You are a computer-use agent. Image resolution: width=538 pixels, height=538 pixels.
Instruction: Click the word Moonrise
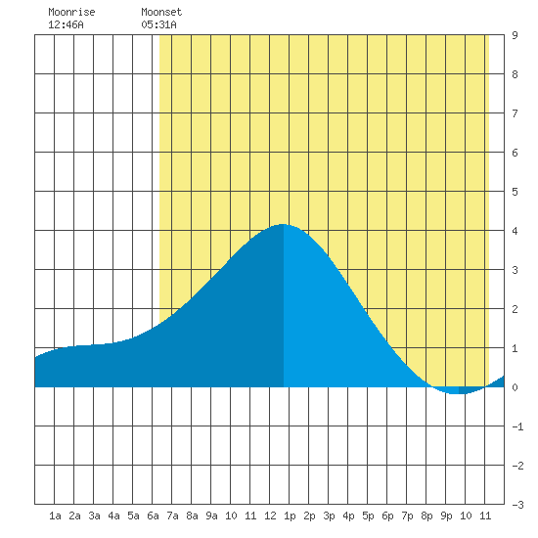[71, 12]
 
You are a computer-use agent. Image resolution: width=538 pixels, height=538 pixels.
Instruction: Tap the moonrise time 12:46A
[66, 24]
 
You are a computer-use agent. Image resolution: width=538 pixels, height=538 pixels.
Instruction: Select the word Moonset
[161, 12]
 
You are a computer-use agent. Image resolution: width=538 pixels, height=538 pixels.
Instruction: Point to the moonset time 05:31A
[158, 24]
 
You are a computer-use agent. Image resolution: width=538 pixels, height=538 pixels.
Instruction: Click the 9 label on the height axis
[515, 35]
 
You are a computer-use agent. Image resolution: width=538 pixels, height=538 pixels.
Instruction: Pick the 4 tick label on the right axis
[515, 231]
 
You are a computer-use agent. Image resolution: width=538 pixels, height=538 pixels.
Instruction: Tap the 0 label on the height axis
[515, 387]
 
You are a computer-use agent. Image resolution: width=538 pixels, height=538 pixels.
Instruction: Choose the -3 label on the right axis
[517, 505]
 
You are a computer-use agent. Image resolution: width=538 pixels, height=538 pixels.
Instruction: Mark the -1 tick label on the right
[517, 426]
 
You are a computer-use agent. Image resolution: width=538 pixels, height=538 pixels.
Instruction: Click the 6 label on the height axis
[515, 153]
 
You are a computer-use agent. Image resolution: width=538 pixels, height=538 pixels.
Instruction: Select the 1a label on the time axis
[55, 516]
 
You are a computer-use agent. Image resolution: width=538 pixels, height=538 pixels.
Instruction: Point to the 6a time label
[153, 516]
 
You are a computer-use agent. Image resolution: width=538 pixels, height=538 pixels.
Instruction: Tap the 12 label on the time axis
[270, 516]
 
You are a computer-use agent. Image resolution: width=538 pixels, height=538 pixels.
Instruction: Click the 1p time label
[290, 516]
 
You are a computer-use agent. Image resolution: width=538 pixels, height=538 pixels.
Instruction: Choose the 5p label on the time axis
[368, 516]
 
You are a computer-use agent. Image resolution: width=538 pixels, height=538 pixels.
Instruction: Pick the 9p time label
[446, 516]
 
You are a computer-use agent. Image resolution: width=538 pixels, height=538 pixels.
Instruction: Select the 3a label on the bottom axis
[94, 516]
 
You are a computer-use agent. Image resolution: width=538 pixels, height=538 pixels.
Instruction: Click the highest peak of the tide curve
[283, 224]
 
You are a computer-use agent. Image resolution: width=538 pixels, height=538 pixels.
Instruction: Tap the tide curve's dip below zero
[459, 393]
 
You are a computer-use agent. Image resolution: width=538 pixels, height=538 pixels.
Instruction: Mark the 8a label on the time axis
[192, 516]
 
